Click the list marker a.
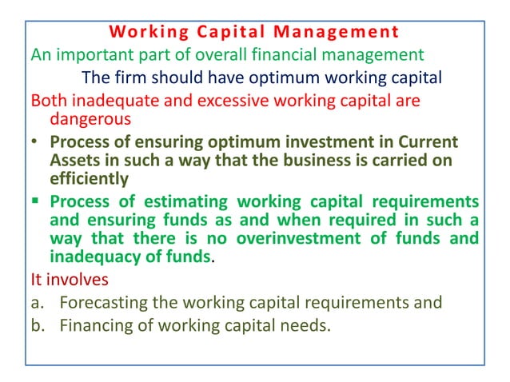coord(36,303)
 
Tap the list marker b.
coord(36,325)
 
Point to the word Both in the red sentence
coord(47,101)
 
